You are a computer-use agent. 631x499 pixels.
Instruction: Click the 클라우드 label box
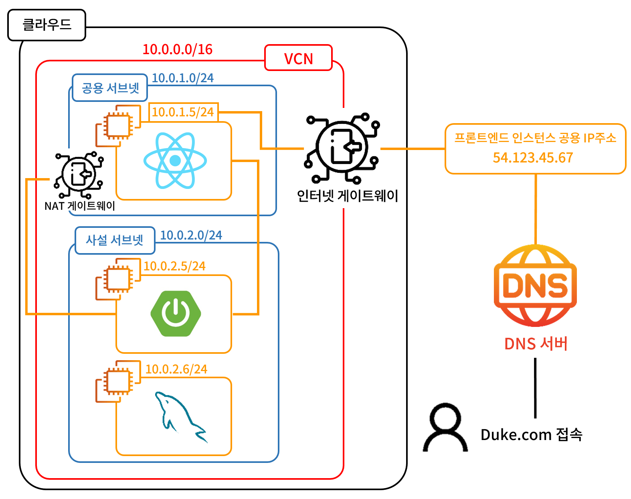47,25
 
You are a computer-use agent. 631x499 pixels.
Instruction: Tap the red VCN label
298,59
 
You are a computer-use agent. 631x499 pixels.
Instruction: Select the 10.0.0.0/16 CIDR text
178,49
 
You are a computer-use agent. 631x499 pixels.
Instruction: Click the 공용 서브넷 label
110,88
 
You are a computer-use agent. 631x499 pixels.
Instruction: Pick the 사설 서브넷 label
115,240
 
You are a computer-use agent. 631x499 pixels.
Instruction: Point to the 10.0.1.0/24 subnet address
183,78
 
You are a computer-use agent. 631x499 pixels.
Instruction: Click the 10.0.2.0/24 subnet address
191,235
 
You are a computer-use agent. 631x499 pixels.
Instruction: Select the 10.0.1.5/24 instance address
183,112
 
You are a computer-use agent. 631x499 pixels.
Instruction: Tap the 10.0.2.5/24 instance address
174,266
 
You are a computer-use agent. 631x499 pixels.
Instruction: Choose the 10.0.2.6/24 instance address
176,369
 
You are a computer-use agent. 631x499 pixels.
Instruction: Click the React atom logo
175,160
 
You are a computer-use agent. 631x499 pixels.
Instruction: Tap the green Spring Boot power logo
176,314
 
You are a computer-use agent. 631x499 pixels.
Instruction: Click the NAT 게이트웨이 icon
79,175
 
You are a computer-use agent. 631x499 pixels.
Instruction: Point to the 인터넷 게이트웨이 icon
342,148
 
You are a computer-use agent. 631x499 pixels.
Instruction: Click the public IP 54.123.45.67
533,158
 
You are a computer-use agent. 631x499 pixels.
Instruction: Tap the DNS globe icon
535,286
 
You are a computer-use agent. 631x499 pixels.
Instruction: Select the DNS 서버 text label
536,344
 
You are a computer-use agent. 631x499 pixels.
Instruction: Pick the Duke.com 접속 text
531,434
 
